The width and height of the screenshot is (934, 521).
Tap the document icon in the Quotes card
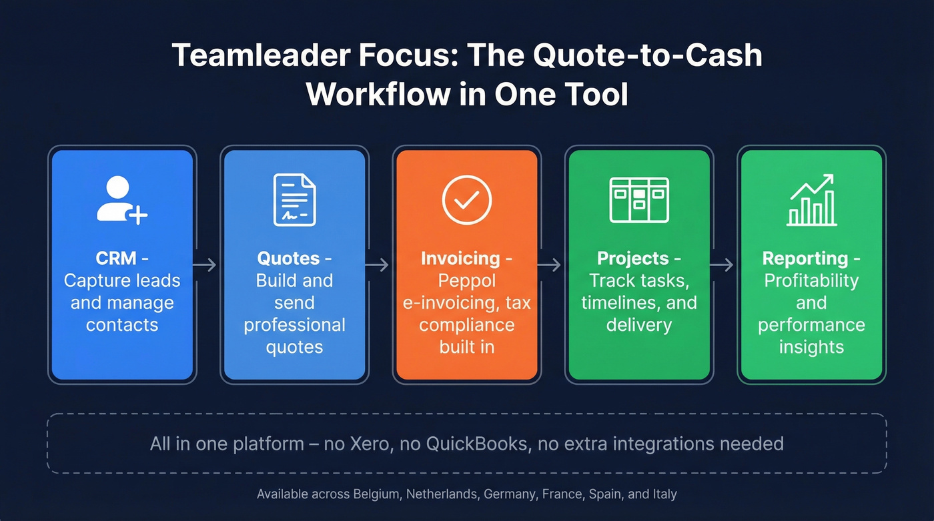pos(294,199)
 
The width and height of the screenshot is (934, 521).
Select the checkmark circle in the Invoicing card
pos(466,199)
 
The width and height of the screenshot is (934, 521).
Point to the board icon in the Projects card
pos(639,199)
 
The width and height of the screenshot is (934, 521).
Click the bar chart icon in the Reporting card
pos(811,200)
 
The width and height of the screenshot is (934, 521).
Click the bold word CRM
pos(116,258)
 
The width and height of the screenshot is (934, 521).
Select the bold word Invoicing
pos(460,258)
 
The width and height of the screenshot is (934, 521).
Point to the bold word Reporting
pos(805,258)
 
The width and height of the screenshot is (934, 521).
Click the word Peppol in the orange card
pos(466,281)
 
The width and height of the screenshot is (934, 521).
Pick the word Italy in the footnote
pos(664,494)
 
